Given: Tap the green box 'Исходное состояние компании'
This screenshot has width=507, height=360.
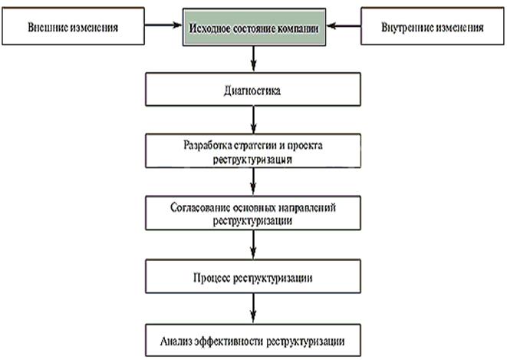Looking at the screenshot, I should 252,28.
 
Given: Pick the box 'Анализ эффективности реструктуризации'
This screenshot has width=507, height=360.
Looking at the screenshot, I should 252,339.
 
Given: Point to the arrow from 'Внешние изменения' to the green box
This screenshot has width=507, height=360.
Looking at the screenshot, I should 160,28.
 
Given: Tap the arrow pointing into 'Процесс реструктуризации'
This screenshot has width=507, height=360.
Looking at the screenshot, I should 252,243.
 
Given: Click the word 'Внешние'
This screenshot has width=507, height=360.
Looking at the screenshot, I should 44,28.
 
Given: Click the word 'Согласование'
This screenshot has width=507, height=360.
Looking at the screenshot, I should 198,208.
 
